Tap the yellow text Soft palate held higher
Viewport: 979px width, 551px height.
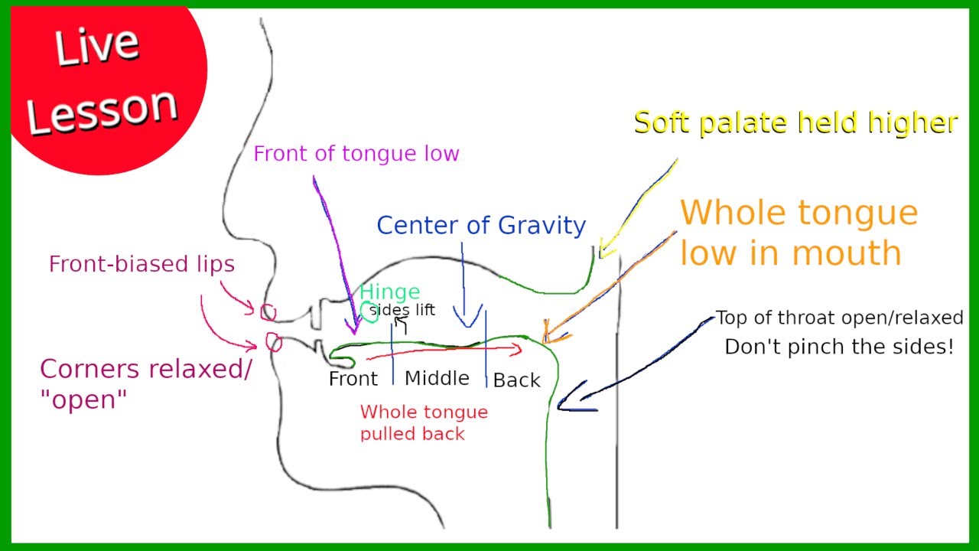coord(796,123)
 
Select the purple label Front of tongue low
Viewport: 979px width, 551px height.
coord(356,154)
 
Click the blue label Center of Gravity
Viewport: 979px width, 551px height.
coord(481,226)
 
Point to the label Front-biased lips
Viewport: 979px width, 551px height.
coord(141,264)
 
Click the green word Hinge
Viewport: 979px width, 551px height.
coord(390,292)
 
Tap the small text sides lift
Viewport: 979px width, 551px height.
coord(402,310)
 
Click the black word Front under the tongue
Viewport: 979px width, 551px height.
coord(353,379)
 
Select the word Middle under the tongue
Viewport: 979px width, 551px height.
coord(437,378)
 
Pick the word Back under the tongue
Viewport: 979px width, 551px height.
coord(516,380)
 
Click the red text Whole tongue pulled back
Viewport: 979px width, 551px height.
coord(424,423)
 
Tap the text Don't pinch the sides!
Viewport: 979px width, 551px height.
coord(839,347)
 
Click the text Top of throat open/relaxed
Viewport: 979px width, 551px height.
coord(839,318)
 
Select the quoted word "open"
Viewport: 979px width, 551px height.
coord(83,399)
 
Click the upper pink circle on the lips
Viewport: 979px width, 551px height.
coord(268,312)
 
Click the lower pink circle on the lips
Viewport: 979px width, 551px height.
coord(274,342)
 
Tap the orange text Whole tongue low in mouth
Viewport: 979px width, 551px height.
coord(799,233)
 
